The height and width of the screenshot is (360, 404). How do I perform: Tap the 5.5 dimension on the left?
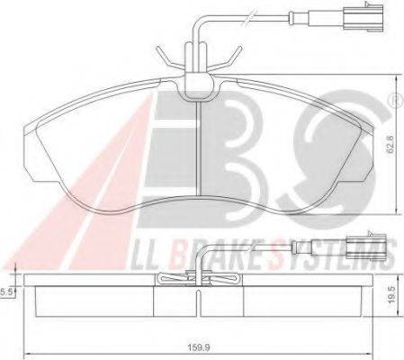(5, 292)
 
